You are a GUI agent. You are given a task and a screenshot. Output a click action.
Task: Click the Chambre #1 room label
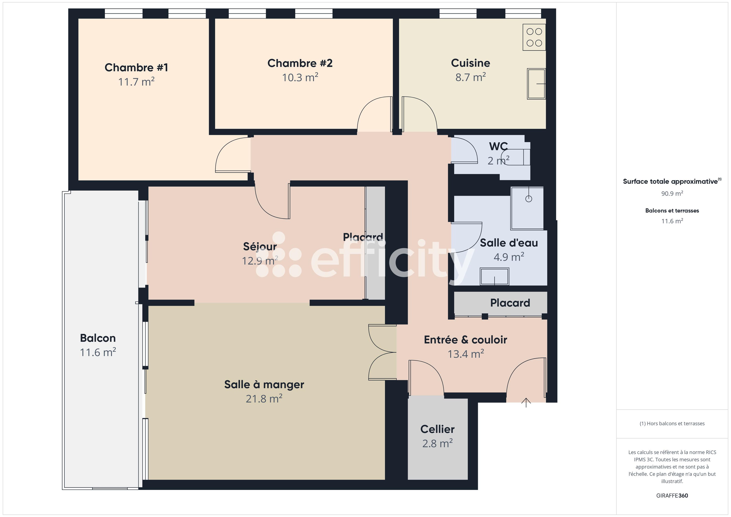point(136,68)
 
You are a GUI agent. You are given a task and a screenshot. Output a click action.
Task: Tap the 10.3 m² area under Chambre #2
point(300,77)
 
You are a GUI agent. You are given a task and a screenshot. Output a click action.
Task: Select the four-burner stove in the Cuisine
point(534,37)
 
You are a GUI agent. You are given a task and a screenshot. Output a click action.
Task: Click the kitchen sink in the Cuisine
point(536,84)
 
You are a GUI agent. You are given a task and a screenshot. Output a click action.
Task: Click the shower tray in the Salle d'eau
point(527,208)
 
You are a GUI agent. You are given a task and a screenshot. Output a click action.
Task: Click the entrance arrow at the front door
point(526,402)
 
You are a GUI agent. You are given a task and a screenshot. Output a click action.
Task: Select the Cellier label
point(437,429)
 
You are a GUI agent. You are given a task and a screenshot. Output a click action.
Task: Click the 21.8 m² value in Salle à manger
point(264,399)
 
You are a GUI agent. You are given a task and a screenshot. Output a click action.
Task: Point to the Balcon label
point(98,338)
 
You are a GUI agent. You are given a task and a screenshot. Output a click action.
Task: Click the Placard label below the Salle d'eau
point(510,303)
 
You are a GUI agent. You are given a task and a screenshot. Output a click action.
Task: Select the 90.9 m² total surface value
point(672,194)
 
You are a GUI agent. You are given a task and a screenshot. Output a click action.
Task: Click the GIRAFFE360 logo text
point(672,495)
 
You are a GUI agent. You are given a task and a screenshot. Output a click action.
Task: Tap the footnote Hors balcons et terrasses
point(672,423)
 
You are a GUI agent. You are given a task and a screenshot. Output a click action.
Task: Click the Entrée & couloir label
point(465,340)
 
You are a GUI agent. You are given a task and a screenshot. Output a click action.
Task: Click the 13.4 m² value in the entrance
point(465,354)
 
